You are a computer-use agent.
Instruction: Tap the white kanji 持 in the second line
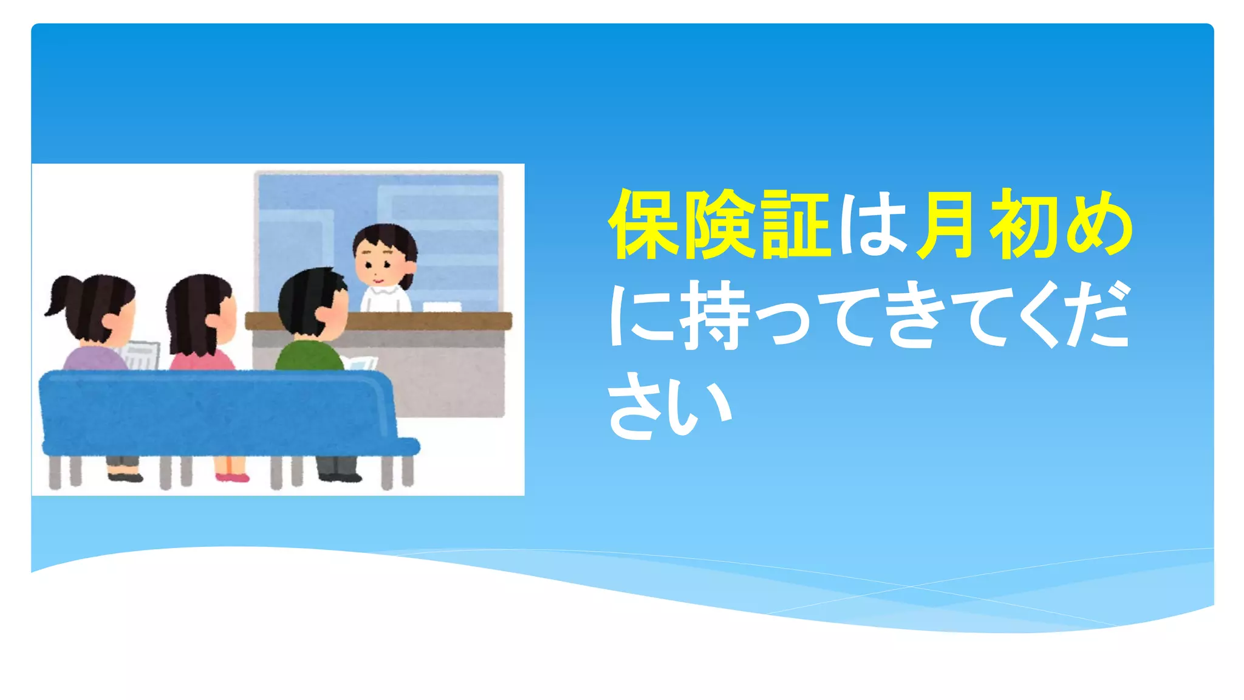click(x=716, y=316)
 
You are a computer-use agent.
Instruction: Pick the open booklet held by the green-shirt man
click(x=361, y=363)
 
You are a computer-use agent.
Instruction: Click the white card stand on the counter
click(x=442, y=306)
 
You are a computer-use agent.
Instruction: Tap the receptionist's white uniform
click(x=386, y=299)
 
